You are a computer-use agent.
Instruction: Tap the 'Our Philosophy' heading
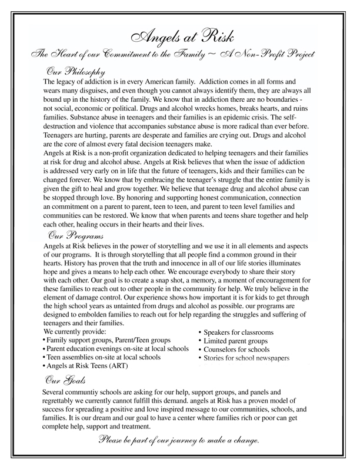pyautogui.click(x=73, y=70)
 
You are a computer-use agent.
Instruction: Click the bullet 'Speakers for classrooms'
pyautogui.click(x=236, y=331)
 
